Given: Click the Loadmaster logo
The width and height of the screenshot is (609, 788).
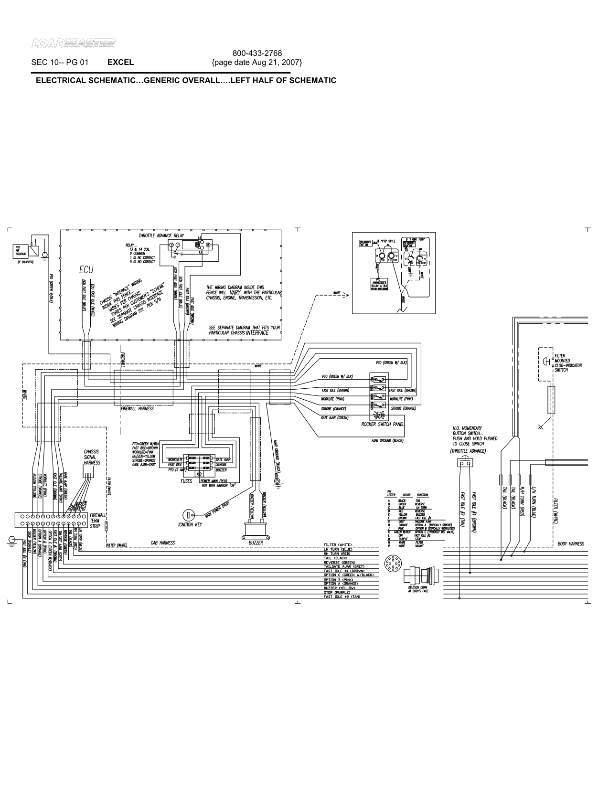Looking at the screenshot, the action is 73,44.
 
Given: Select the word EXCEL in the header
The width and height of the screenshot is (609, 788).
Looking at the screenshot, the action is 120,62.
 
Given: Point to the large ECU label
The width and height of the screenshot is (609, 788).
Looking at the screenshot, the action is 86,270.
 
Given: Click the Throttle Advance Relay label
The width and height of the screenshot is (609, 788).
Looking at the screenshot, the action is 161,236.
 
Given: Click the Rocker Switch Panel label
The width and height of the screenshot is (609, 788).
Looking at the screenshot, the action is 383,424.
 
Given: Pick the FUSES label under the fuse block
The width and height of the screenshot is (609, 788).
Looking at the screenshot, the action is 186,481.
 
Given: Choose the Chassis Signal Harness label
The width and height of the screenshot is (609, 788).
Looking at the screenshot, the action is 92,457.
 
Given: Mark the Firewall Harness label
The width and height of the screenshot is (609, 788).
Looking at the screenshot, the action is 137,409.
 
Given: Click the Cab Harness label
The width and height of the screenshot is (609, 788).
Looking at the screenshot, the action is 163,543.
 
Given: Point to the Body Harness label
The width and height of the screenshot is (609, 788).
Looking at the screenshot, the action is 571,544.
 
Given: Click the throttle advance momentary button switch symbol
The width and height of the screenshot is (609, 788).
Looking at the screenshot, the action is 464,463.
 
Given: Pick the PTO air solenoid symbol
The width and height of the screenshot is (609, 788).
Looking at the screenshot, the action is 34,250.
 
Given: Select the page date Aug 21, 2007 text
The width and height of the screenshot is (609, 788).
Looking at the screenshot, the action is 257,63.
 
